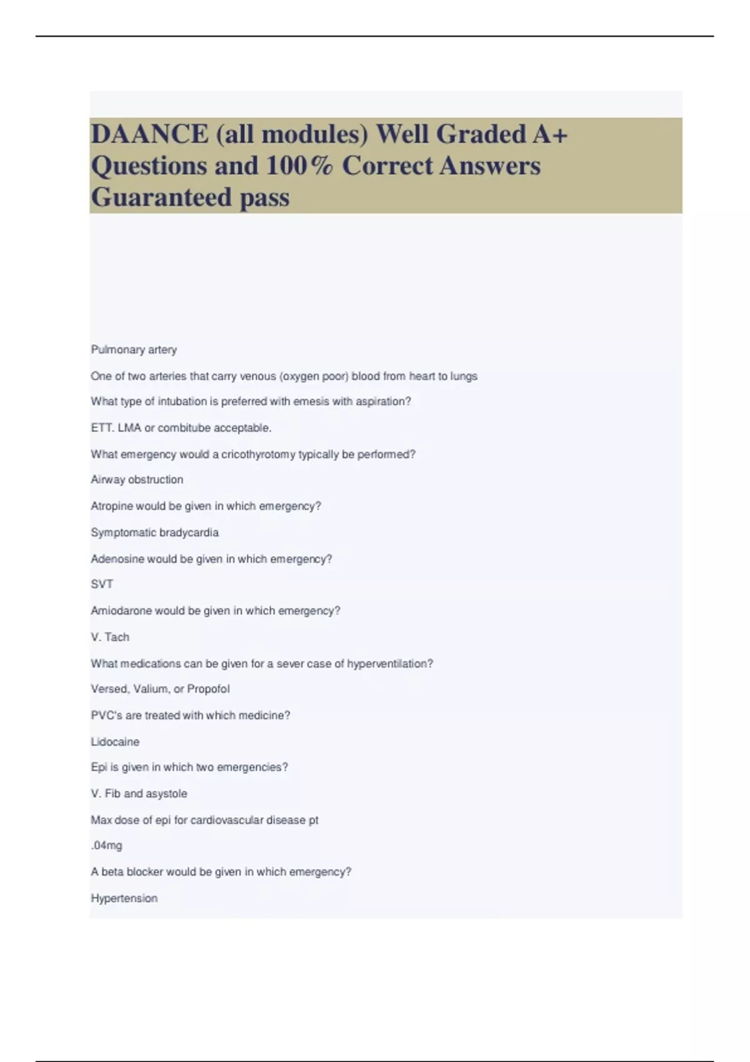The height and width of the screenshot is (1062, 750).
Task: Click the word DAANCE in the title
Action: [150, 134]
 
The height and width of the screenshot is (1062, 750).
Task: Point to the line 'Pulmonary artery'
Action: [134, 350]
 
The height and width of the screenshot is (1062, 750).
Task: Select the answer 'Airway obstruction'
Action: [137, 480]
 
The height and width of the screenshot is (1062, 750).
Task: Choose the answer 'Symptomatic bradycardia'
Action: [154, 533]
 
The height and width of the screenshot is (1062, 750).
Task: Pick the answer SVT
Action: [102, 585]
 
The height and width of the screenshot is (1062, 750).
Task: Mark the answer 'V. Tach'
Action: [110, 637]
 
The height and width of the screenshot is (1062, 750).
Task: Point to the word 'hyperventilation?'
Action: [390, 663]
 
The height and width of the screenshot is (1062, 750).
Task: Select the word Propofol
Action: [208, 689]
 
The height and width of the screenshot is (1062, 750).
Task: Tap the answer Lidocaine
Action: [115, 742]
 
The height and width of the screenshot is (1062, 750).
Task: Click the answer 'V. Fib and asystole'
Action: [139, 794]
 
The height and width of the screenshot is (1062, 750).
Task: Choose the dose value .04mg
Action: [106, 846]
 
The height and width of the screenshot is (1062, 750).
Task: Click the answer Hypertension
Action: [124, 898]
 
